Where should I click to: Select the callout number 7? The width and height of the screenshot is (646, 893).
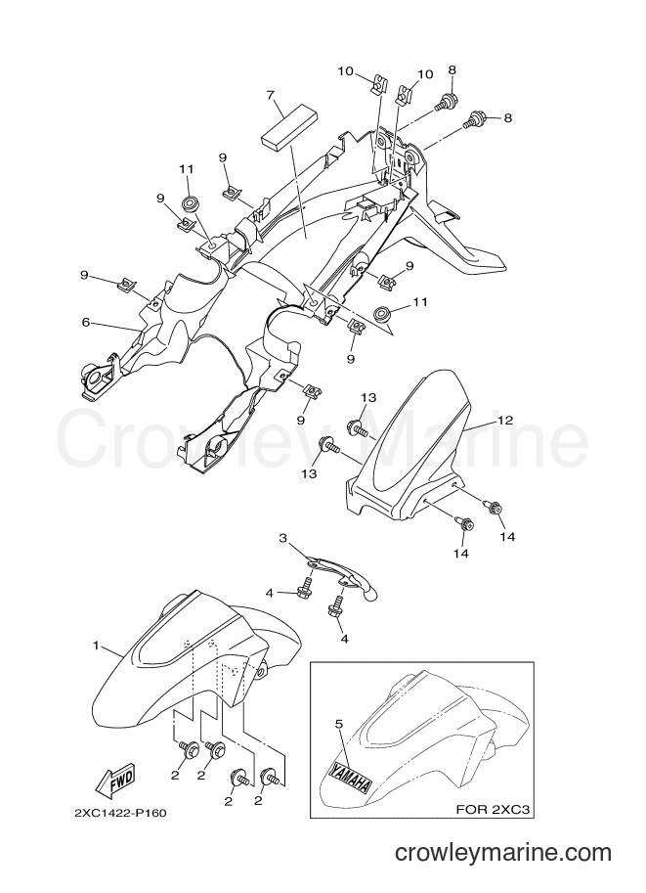273,94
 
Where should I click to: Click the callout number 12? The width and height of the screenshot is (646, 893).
505,421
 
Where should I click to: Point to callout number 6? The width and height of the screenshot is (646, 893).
86,323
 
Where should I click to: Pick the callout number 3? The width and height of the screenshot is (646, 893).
282,538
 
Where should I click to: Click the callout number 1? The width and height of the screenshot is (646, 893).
96,646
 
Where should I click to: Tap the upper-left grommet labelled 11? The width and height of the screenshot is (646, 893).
189,203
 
